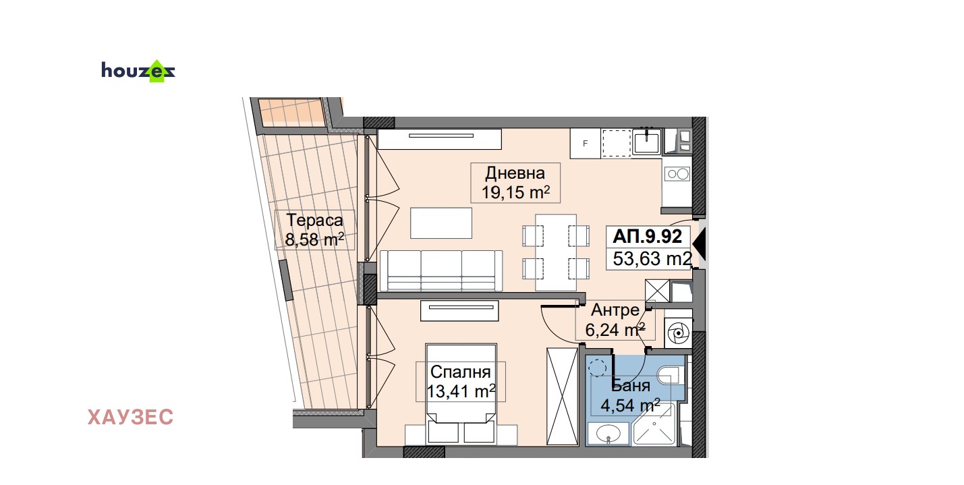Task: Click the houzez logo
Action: click(x=138, y=71)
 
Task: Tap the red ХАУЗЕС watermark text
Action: click(x=130, y=417)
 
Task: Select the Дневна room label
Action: click(x=515, y=173)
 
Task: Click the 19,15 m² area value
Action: click(x=515, y=192)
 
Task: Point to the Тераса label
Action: click(x=314, y=220)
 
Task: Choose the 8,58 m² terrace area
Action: click(x=314, y=239)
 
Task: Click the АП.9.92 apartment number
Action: click(x=647, y=236)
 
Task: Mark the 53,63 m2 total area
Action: click(x=652, y=258)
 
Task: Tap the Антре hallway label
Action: click(x=615, y=310)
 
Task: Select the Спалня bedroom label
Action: click(x=461, y=372)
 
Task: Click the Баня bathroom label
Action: click(x=631, y=386)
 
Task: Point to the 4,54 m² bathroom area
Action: click(x=631, y=405)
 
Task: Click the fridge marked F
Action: click(x=586, y=143)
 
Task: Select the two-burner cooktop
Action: click(x=677, y=174)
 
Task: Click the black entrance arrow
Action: click(x=700, y=244)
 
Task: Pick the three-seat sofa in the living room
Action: click(x=441, y=270)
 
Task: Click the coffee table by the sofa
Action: click(x=441, y=223)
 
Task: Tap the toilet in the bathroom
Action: click(x=672, y=375)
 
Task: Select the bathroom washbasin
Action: click(x=608, y=434)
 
